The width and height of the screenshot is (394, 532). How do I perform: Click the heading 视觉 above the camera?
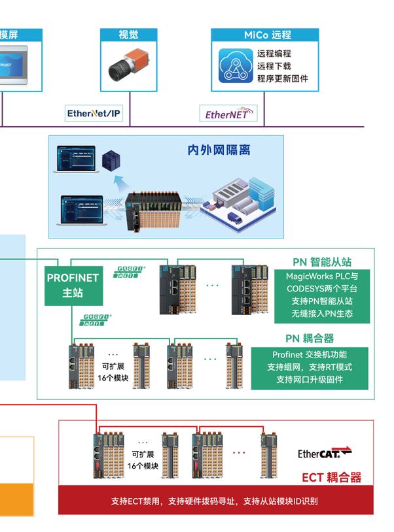(x=128, y=35)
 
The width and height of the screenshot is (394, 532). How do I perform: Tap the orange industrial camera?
(x=128, y=66)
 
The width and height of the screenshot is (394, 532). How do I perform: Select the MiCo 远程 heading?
(x=267, y=35)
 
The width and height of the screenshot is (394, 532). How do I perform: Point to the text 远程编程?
(x=274, y=54)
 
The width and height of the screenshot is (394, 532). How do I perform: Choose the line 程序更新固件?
(x=282, y=78)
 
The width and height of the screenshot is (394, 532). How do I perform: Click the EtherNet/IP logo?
(x=94, y=114)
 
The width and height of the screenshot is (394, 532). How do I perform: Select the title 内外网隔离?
(x=219, y=151)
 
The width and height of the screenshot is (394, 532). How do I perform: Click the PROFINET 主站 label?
(x=73, y=285)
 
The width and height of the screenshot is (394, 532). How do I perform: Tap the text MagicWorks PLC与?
(x=322, y=276)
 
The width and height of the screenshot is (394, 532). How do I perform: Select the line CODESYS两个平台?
(x=322, y=289)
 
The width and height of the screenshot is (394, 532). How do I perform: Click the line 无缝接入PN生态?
(x=322, y=314)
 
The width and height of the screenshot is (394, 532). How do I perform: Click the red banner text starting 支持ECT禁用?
(x=215, y=501)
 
